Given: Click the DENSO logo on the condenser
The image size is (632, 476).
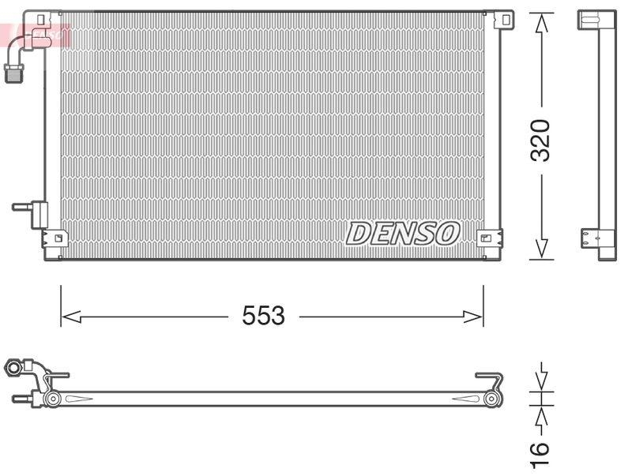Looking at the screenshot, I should click(x=403, y=233).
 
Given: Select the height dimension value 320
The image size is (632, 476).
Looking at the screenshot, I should click(x=540, y=141).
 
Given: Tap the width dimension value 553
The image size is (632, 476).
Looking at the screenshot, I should click(x=263, y=316).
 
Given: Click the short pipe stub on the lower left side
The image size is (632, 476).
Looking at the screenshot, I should click(x=21, y=208).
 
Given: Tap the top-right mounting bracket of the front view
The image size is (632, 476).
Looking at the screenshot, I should click(x=501, y=21).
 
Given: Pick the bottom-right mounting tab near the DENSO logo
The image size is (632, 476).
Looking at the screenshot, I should click(x=487, y=236).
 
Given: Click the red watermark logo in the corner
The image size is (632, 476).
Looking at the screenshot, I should click(x=36, y=34).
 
